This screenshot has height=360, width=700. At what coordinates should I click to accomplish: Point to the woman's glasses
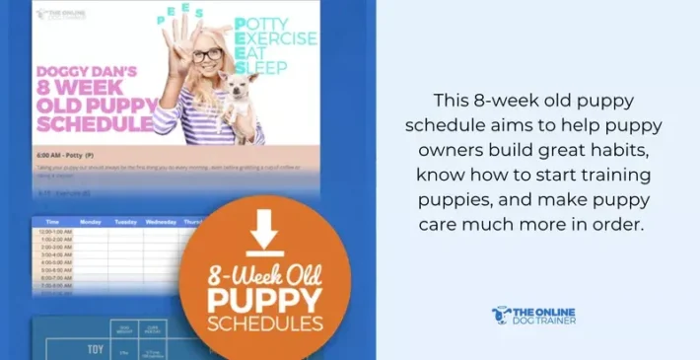click(208, 55)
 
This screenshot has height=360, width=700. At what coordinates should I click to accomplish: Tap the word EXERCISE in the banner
click(275, 39)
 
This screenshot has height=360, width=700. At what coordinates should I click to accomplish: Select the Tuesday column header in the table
click(125, 223)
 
